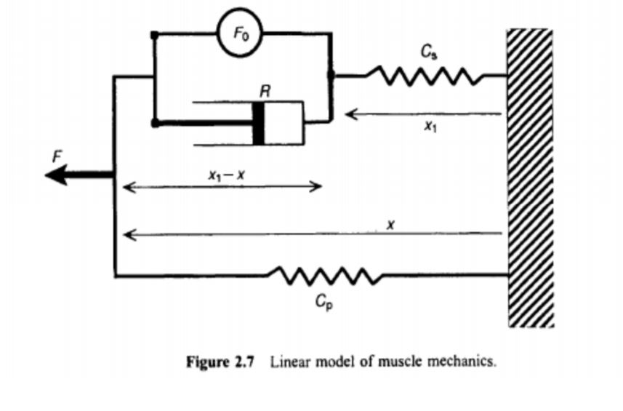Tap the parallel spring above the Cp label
[x=324, y=276]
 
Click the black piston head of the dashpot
[x=258, y=123]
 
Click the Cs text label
[x=428, y=52]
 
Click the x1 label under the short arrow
[x=431, y=127]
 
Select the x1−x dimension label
[x=221, y=175]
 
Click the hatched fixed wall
[x=530, y=178]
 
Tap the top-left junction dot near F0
[x=154, y=34]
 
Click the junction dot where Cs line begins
[x=331, y=75]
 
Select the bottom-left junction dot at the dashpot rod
[x=154, y=124]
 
